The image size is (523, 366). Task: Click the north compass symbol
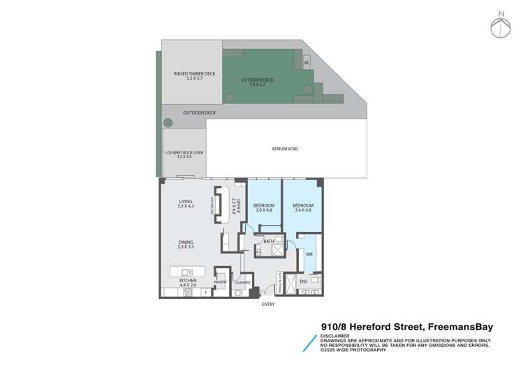(501, 26)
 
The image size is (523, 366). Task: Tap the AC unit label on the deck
(307, 63)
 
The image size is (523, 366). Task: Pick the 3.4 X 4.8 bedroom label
(303, 207)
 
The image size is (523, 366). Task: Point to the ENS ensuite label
(304, 282)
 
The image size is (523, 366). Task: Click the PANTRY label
(220, 282)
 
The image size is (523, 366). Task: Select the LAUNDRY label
(242, 282)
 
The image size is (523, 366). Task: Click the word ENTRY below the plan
(268, 305)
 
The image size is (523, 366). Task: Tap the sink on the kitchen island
(185, 271)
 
